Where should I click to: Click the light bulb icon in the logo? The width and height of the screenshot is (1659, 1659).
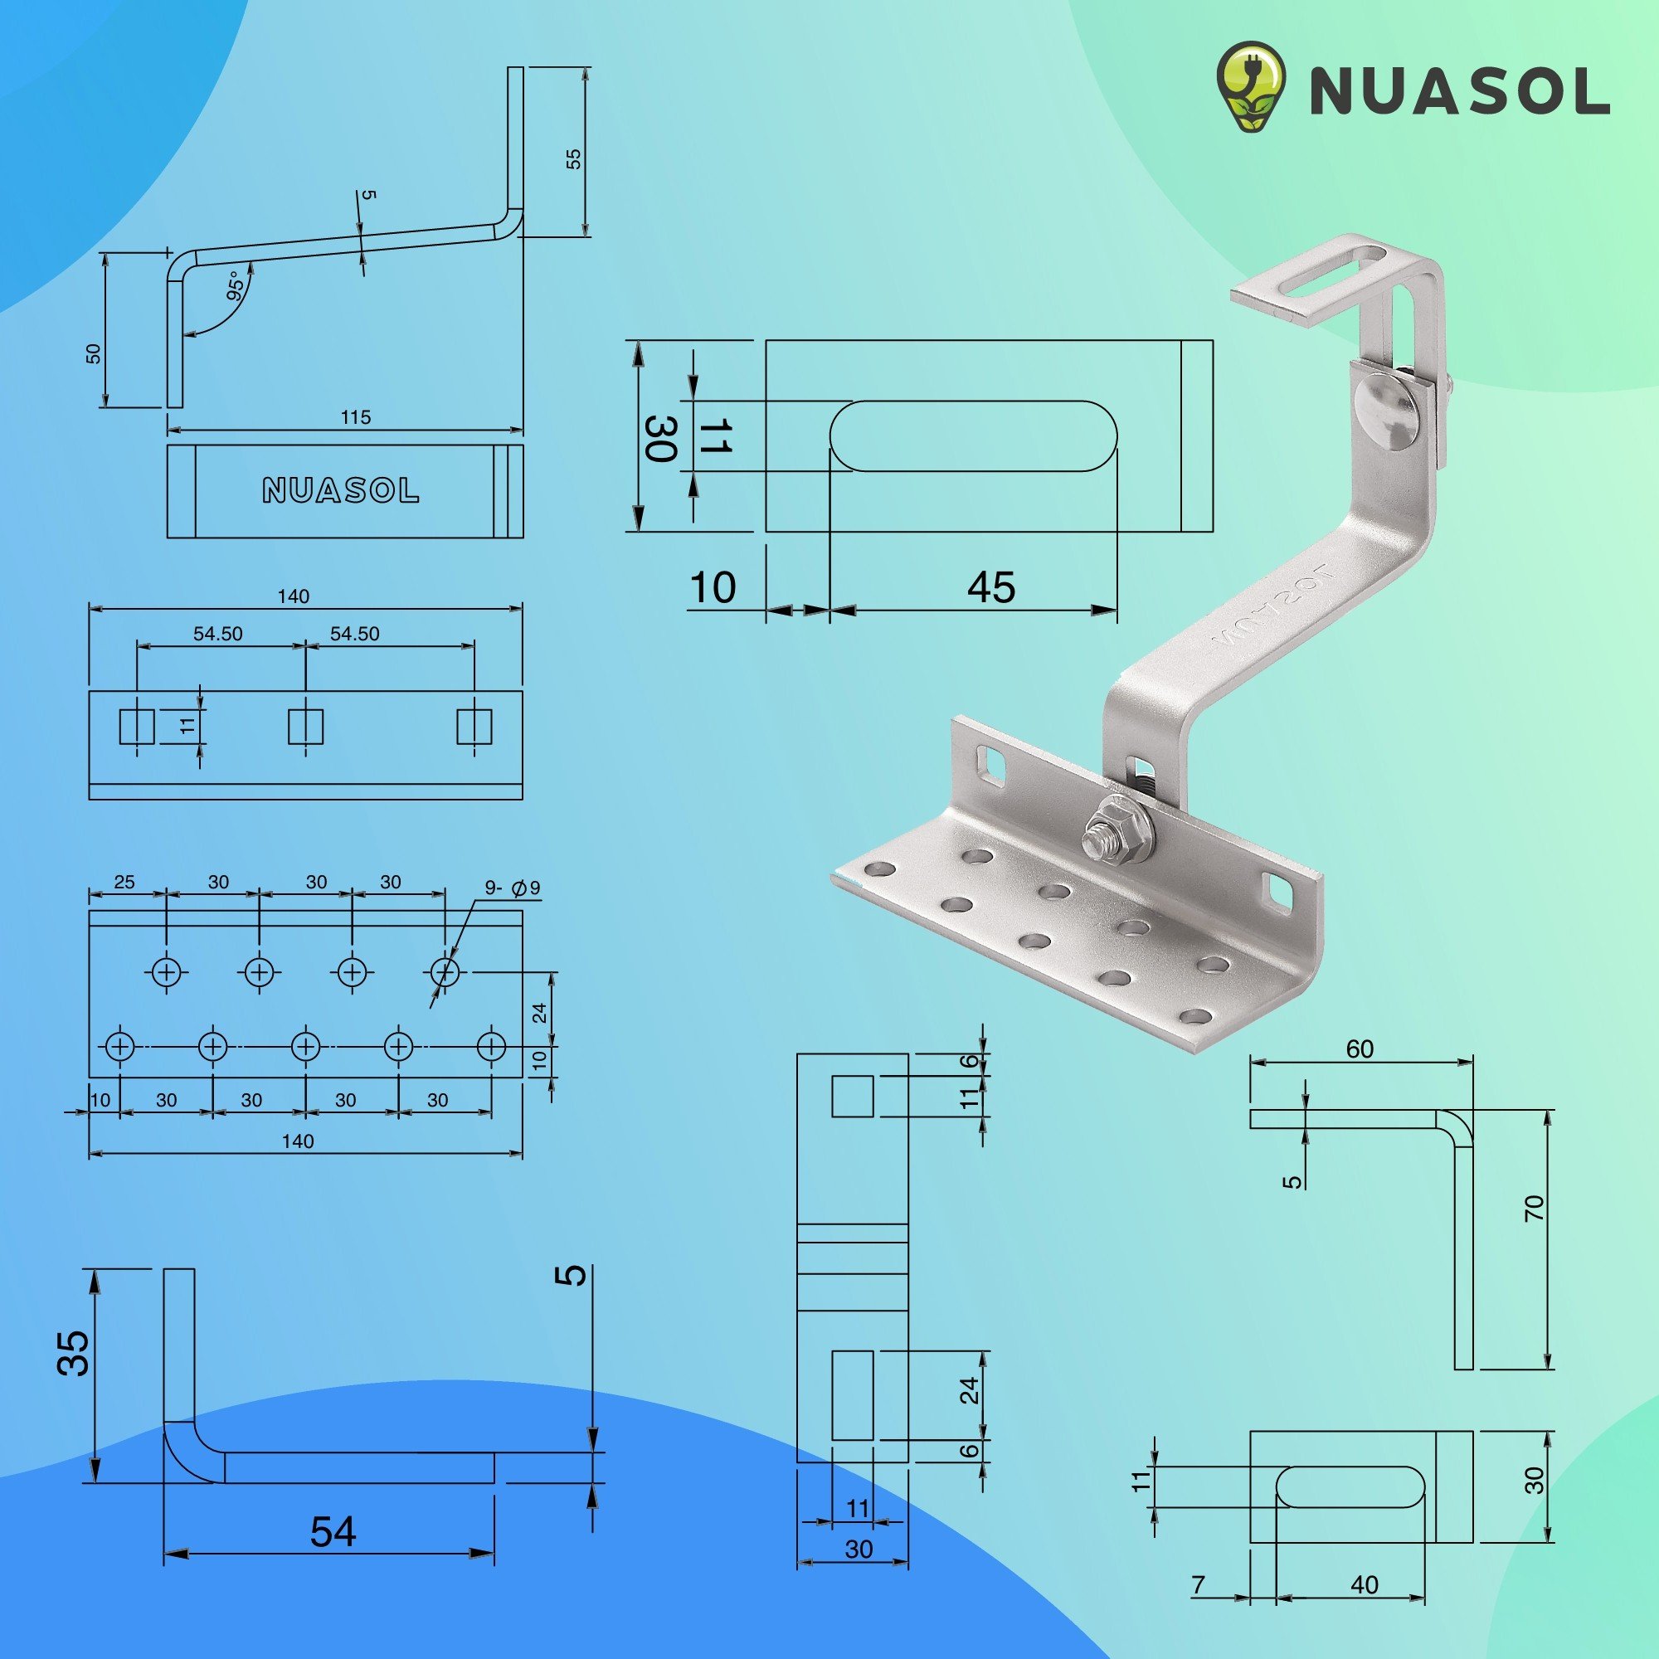point(1251,89)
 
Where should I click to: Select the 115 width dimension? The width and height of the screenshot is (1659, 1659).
point(356,417)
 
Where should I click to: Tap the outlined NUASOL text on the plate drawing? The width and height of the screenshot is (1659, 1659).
point(341,490)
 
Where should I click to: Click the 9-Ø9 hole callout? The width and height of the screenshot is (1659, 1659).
point(513,888)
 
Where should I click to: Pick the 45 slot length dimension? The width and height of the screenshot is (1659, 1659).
point(991,587)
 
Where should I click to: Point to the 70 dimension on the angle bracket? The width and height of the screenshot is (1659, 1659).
point(1535,1209)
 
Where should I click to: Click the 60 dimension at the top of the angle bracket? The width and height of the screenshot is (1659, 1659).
point(1360,1049)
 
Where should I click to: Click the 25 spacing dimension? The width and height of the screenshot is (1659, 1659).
point(124,882)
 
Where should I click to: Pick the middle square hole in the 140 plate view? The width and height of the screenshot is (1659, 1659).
point(304,727)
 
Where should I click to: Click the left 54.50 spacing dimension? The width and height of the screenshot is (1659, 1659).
point(218,634)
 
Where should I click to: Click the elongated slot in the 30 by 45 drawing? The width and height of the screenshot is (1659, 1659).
point(973,435)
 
